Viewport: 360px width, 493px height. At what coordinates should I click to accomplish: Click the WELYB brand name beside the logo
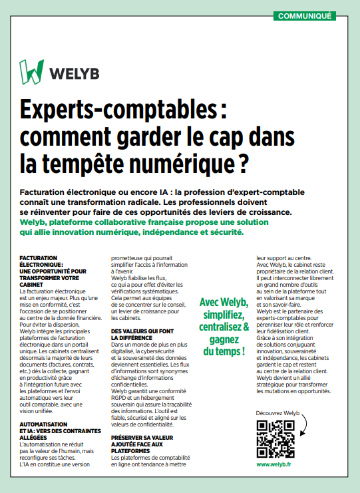click(74, 72)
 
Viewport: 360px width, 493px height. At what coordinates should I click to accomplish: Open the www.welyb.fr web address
click(273, 464)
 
